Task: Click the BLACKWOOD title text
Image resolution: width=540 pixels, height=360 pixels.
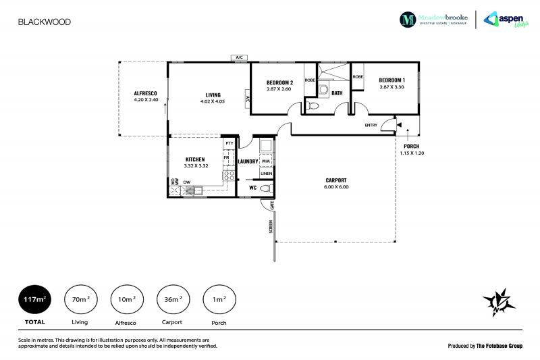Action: point(44,22)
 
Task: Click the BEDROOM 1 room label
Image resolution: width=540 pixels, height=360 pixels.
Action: point(391,80)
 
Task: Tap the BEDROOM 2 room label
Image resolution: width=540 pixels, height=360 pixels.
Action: point(278,82)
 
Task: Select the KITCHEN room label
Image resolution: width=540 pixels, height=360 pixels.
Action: point(195,159)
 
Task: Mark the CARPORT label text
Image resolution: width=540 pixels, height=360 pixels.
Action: point(336,180)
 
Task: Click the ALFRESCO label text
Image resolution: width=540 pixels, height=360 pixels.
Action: point(145,93)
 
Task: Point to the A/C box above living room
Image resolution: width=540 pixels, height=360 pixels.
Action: point(239,58)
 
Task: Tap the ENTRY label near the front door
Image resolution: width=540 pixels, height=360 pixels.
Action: point(371,125)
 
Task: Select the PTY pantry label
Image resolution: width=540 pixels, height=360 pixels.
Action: point(230,143)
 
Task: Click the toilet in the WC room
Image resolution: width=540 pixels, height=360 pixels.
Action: point(265,190)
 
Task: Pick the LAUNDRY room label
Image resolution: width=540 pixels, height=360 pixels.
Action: point(250,161)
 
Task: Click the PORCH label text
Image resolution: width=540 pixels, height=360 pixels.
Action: point(410,147)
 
